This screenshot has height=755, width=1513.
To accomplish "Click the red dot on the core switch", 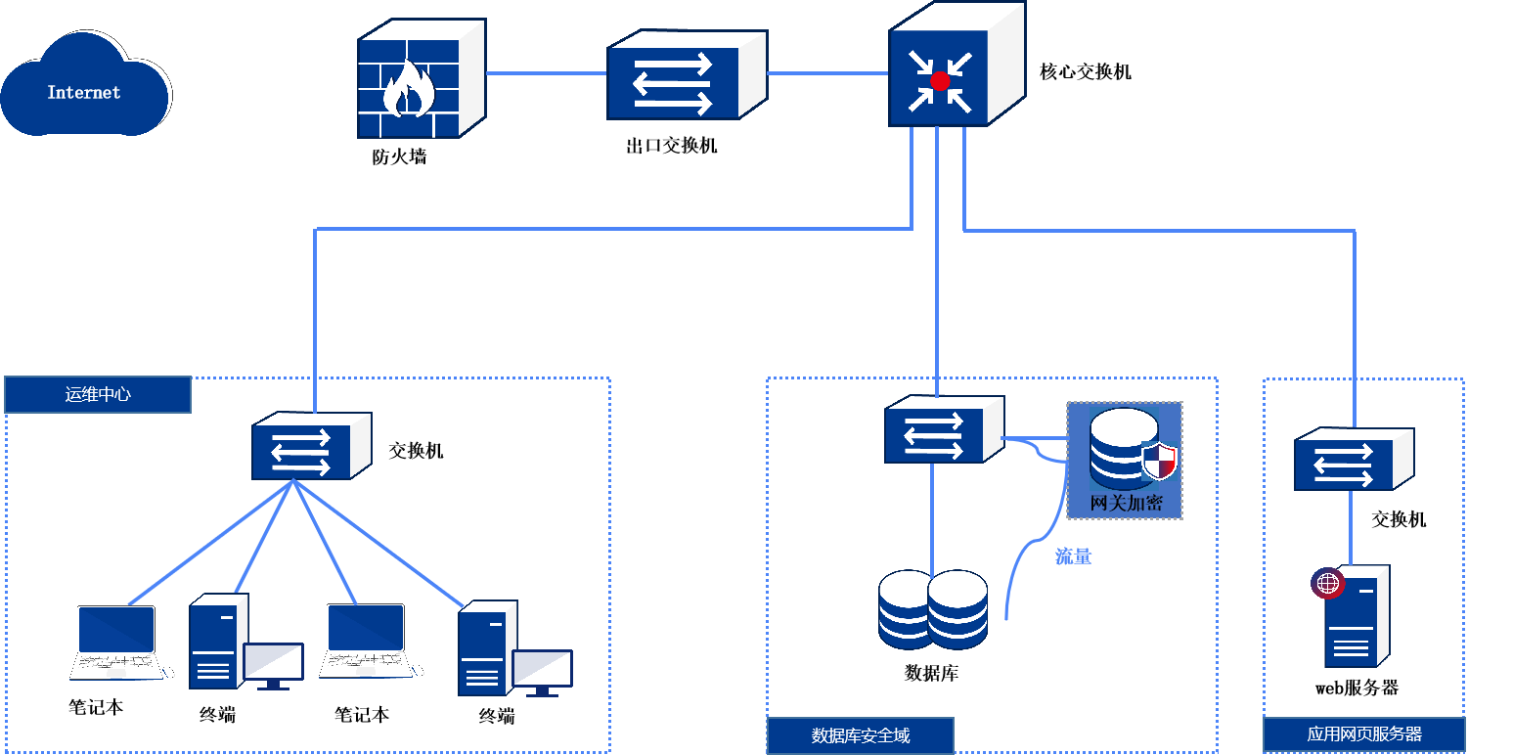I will click(x=940, y=81).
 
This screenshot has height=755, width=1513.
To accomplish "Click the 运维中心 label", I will click(x=98, y=395).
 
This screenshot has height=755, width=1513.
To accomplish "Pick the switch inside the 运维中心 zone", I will click(x=310, y=447).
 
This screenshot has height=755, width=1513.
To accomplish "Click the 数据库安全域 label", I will click(x=861, y=735).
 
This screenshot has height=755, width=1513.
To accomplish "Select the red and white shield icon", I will click(x=1159, y=460).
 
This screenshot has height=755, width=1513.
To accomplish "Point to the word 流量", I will click(x=1073, y=557).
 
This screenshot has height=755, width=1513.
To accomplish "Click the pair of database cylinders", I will click(x=933, y=609).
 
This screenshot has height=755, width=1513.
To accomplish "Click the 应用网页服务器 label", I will click(x=1364, y=733).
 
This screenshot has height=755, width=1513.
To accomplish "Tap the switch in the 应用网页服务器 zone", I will click(x=1353, y=460).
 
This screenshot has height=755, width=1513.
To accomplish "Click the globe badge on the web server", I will click(x=1327, y=584).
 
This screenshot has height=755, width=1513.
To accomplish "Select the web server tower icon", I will click(x=1357, y=620).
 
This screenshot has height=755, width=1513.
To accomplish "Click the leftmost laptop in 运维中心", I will click(x=116, y=642).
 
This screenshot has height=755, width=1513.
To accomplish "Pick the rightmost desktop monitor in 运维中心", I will click(x=542, y=671).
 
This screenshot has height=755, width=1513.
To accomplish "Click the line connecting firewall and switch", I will click(x=546, y=73).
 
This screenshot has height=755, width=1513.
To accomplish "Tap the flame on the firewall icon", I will click(x=408, y=91).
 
